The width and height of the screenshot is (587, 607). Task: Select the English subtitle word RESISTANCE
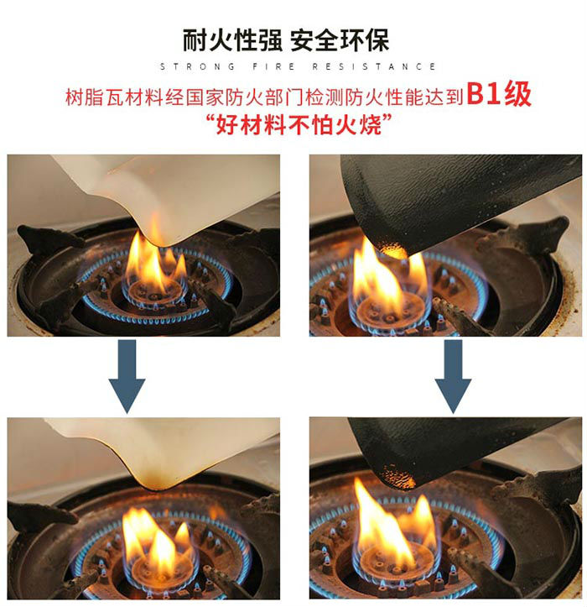[x=374, y=66]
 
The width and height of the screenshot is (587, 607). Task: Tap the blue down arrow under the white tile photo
[x=127, y=375]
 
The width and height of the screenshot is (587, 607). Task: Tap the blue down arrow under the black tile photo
[x=453, y=375]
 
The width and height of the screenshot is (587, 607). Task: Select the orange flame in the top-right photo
[x=382, y=277]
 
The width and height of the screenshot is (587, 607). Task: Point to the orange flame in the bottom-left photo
[x=158, y=537]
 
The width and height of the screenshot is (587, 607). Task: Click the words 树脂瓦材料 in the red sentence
[x=108, y=97]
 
